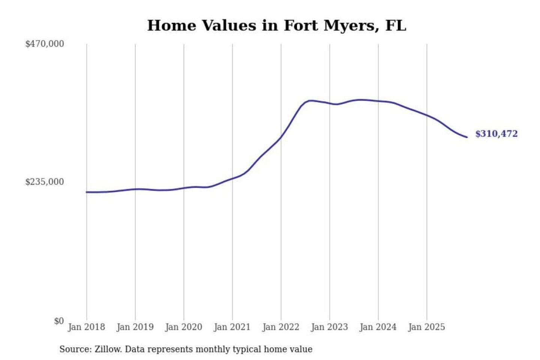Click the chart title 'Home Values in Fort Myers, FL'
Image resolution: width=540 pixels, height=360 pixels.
pos(277,25)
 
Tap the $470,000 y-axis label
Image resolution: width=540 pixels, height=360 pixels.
pos(45,44)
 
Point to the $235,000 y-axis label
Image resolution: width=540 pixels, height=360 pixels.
pos(45,182)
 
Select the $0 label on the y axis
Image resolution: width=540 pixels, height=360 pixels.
pos(59,321)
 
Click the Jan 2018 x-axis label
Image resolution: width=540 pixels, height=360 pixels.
pos(86,327)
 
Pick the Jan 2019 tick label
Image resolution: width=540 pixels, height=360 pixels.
pos(135,327)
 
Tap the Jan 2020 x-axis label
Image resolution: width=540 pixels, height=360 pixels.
pos(183,327)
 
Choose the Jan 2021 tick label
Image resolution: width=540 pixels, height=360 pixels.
pos(232,327)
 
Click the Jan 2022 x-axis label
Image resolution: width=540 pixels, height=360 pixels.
pos(281,327)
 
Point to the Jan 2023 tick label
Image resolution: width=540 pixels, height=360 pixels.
pos(329,327)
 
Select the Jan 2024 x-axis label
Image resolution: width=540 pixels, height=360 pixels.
pos(378,327)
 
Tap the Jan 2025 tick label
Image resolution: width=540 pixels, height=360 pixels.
pos(426,327)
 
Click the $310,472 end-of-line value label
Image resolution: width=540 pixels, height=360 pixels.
pos(496,134)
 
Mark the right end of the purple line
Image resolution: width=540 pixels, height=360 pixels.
pos(467,137)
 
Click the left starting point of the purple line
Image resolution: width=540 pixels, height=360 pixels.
pos(87,192)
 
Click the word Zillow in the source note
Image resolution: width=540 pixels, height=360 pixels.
pos(108,349)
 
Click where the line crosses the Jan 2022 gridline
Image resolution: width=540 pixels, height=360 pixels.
pos(281,137)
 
